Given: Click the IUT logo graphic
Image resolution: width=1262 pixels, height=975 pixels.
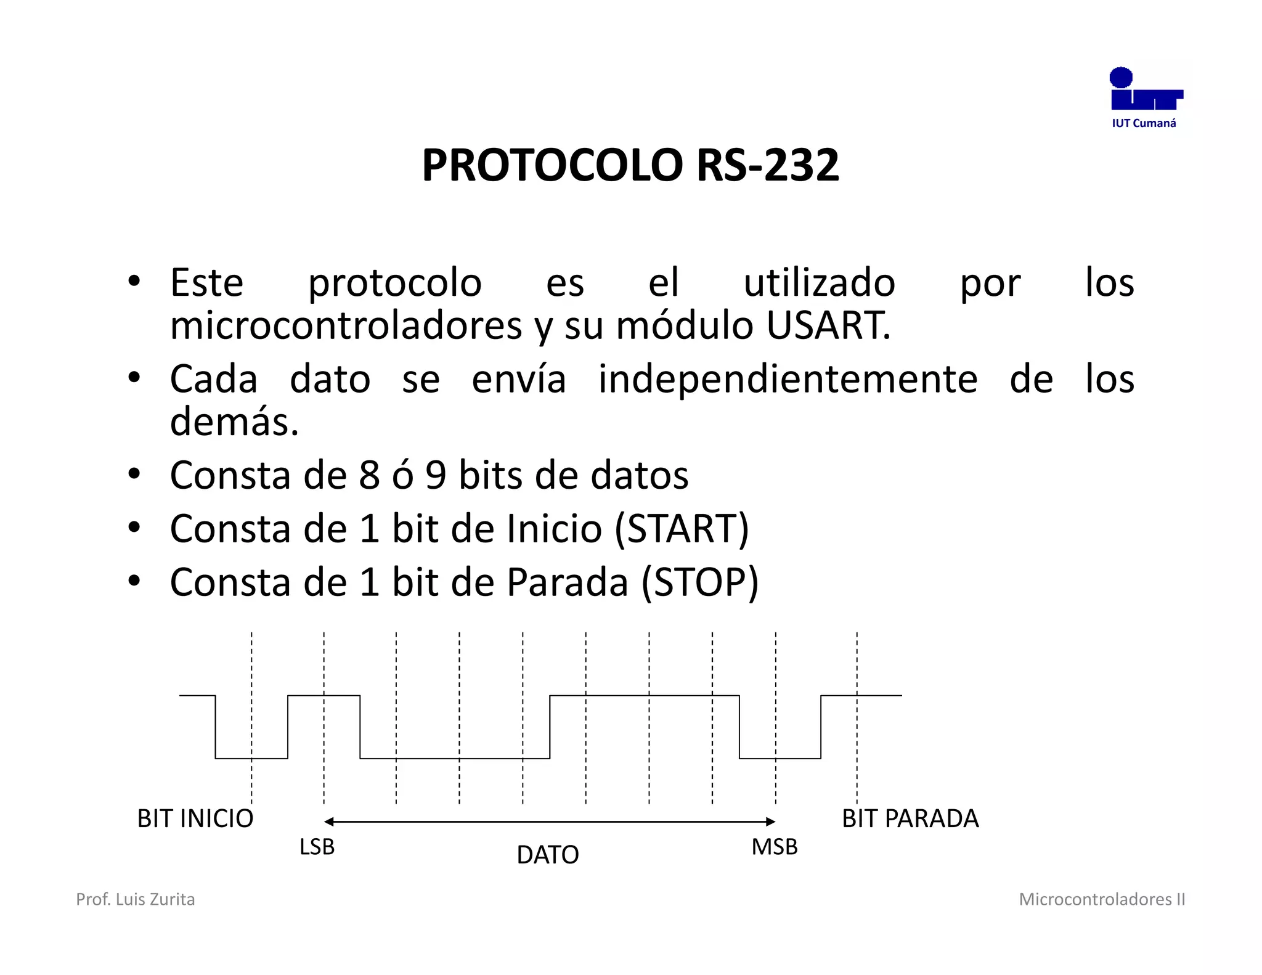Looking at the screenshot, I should [x=1145, y=89].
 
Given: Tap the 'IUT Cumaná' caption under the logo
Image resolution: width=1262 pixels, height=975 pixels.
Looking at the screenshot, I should [x=1144, y=123].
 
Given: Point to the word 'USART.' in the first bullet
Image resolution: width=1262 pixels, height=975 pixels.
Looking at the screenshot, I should [x=828, y=325].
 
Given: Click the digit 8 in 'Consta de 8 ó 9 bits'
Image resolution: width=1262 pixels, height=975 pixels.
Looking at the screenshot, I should [x=369, y=475].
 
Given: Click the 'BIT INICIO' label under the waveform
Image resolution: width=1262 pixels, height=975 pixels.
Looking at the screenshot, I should [x=195, y=818].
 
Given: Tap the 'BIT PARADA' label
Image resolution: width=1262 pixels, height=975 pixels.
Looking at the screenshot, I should [x=910, y=818].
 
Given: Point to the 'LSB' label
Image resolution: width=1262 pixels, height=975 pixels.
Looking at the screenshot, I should [x=317, y=847].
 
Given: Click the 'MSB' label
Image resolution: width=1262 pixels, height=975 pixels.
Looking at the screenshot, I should [x=774, y=847].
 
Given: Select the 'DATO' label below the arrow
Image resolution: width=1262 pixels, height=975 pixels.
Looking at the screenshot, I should [x=547, y=855].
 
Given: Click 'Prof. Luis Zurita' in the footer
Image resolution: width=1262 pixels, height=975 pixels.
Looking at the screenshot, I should [x=135, y=899].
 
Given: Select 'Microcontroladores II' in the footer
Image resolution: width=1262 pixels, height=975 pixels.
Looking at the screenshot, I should [x=1102, y=899].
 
